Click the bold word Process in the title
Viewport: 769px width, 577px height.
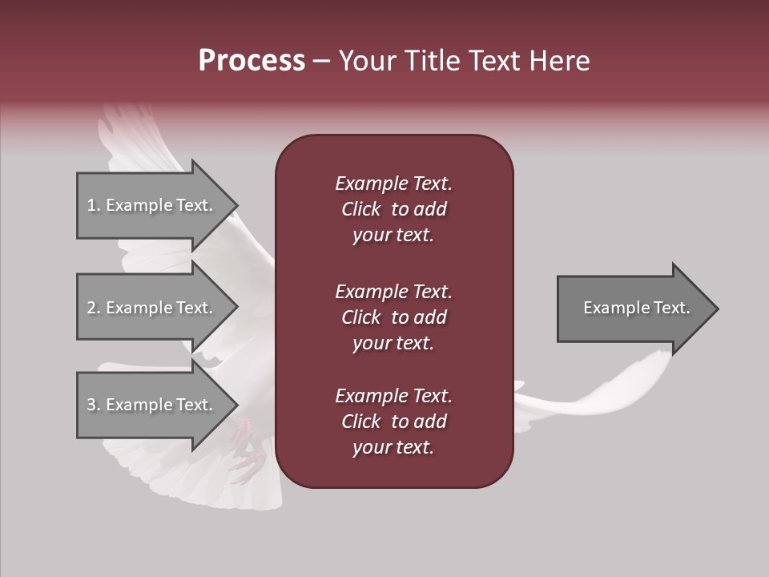point(252,61)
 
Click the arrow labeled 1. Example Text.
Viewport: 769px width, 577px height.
point(152,205)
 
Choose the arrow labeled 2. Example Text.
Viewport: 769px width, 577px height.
point(152,308)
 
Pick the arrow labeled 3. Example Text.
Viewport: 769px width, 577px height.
point(152,405)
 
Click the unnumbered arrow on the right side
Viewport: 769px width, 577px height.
point(633,308)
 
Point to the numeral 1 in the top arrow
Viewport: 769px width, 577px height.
point(91,205)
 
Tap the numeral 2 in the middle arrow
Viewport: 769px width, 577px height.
point(91,308)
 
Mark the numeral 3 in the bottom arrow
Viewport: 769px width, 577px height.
point(91,405)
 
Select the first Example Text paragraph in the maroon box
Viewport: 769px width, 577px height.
point(393,209)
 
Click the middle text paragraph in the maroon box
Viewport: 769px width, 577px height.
point(393,317)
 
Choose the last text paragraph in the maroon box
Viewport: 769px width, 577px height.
point(393,422)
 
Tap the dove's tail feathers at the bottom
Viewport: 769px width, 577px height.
point(224,489)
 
